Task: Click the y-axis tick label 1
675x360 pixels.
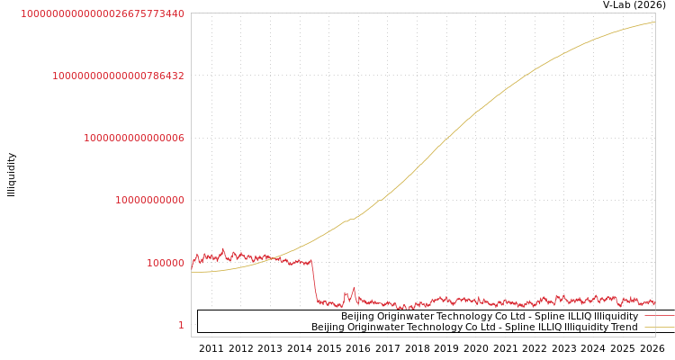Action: (180, 325)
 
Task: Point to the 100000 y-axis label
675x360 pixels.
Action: (166, 263)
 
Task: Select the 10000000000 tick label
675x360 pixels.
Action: (149, 200)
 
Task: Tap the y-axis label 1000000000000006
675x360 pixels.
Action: (134, 138)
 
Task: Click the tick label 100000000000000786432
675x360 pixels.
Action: (118, 76)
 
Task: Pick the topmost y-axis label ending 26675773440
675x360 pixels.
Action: (103, 13)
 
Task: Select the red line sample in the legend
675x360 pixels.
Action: (659, 316)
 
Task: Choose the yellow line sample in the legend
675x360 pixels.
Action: (659, 327)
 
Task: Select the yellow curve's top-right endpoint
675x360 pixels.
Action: (654, 22)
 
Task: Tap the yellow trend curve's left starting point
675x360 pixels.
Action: (192, 272)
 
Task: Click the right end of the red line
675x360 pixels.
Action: (654, 302)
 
